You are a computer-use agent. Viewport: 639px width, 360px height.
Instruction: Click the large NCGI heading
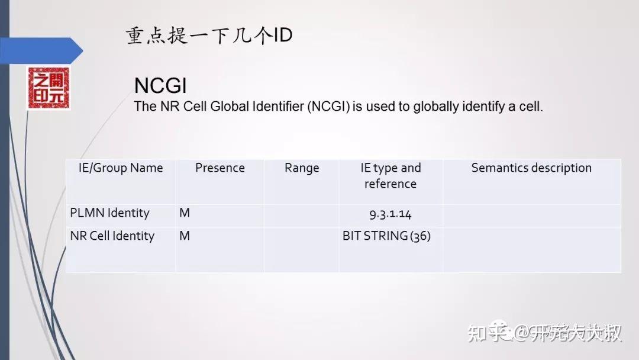pos(160,86)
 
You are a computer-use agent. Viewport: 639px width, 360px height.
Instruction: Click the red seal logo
pos(48,88)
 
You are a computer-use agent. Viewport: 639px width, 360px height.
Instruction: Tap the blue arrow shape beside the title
pos(41,50)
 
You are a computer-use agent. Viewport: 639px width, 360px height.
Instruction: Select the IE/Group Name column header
pos(121,168)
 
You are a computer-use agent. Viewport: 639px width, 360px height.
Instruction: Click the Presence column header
pos(220,168)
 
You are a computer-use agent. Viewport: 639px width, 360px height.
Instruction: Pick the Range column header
pos(302,168)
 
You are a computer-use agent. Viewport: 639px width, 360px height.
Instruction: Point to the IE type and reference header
pos(390,176)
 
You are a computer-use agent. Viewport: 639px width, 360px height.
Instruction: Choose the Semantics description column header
pos(531,168)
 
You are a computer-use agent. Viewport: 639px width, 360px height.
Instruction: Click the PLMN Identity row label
pos(109,213)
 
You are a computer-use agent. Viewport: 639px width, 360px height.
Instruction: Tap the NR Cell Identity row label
pos(112,236)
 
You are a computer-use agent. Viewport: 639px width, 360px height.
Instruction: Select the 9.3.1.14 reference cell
pos(390,214)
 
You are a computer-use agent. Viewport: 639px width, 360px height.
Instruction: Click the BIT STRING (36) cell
pos(387,236)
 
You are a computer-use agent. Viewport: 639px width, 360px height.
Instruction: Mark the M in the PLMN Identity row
pos(185,213)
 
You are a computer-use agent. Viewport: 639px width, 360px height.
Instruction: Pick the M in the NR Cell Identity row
pos(185,236)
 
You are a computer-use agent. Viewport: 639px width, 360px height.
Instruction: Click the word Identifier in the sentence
pos(276,107)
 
